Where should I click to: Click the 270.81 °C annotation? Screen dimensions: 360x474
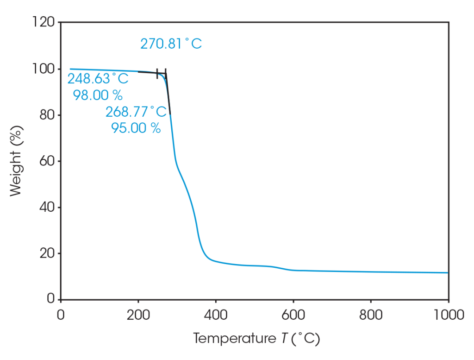171,44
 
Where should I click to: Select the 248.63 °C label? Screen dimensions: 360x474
98,79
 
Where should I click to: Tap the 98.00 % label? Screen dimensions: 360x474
98,95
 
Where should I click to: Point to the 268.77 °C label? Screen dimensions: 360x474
136,112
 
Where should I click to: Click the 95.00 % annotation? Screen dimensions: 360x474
136,128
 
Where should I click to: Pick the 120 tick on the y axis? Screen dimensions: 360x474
44,22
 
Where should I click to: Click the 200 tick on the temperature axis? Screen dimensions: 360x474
138,316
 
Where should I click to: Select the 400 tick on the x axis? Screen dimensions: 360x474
216,316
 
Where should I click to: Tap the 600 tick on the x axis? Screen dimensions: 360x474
293,316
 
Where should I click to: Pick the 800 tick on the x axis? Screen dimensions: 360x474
371,316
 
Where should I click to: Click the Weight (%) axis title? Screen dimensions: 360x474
16,160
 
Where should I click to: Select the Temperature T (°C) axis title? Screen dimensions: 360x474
256,339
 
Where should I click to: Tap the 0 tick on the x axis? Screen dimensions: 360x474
61,316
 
